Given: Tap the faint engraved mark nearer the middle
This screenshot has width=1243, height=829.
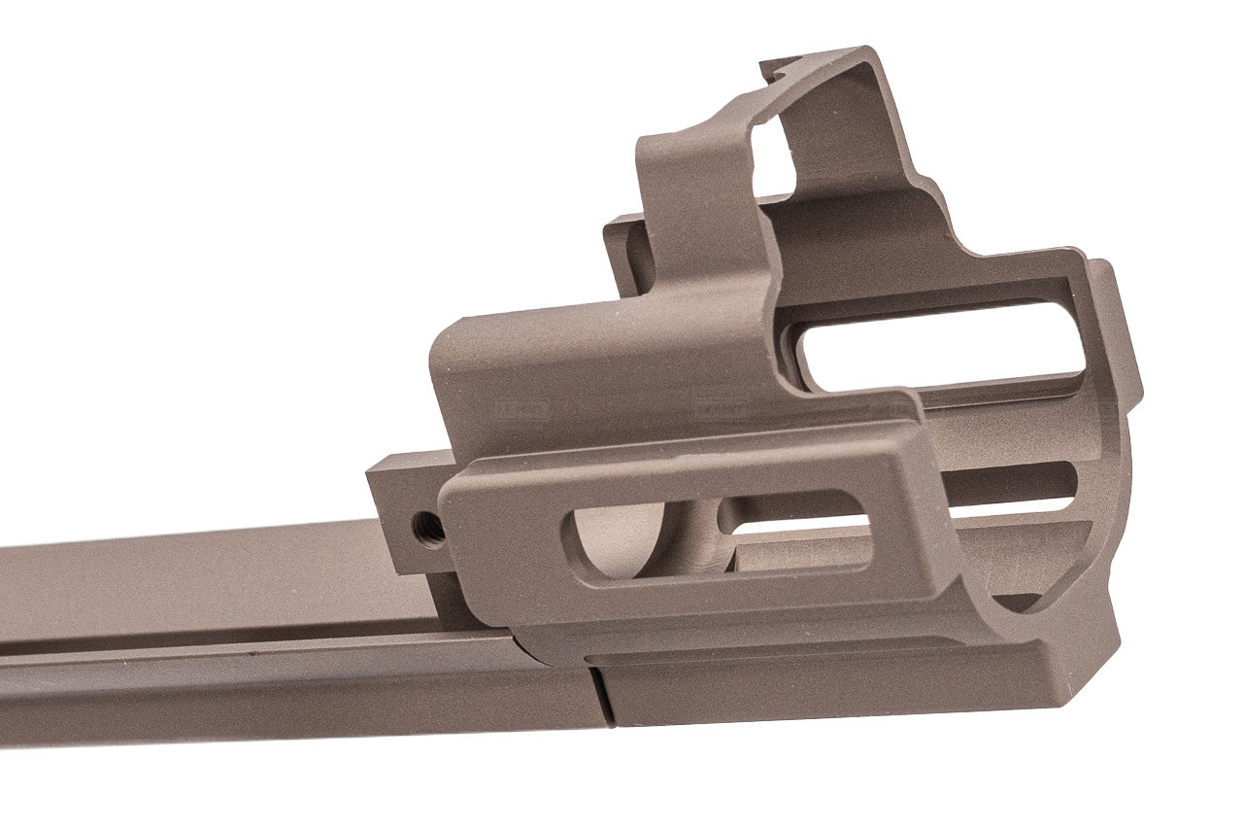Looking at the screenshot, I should coord(723,408).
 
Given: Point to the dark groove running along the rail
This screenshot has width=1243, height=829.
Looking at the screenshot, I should coord(243,649).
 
